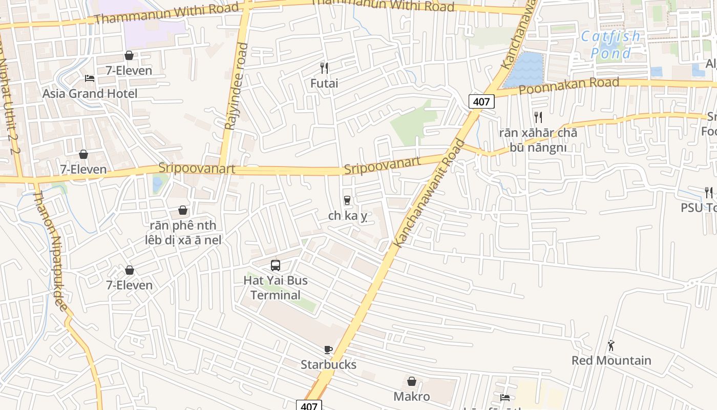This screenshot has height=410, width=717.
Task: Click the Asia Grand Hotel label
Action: pyautogui.click(x=90, y=94)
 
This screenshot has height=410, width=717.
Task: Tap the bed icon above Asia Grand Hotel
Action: pyautogui.click(x=90, y=78)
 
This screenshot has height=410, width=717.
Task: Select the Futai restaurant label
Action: pyautogui.click(x=324, y=83)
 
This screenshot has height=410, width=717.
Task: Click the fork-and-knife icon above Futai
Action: pyautogui.click(x=324, y=68)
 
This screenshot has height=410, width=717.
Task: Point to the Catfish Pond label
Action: pyautogui.click(x=611, y=45)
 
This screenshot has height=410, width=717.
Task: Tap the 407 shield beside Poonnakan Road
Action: pyautogui.click(x=481, y=101)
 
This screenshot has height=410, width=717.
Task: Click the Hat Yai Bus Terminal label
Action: pyautogui.click(x=276, y=288)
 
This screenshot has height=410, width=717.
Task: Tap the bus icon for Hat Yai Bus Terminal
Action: pyautogui.click(x=276, y=265)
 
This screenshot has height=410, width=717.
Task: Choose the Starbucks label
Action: pyautogui.click(x=328, y=364)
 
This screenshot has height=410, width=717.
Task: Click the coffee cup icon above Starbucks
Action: pyautogui.click(x=328, y=350)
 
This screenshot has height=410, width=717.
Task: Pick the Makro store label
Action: pyautogui.click(x=412, y=396)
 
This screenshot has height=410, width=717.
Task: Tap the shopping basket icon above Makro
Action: pyautogui.click(x=412, y=381)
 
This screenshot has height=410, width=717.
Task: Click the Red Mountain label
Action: pyautogui.click(x=611, y=360)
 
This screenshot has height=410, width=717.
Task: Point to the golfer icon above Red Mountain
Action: pyautogui.click(x=611, y=345)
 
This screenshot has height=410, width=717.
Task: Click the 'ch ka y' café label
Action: pyautogui.click(x=348, y=216)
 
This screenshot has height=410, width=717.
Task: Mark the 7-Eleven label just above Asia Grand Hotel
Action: pyautogui.click(x=129, y=71)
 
